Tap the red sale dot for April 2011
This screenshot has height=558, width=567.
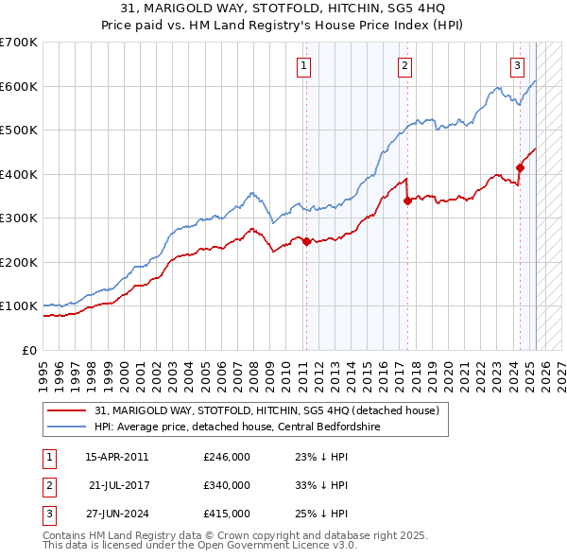click(x=306, y=241)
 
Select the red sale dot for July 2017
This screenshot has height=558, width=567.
click(x=407, y=200)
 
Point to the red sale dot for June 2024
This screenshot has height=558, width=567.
click(x=520, y=168)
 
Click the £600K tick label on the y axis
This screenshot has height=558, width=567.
click(x=19, y=86)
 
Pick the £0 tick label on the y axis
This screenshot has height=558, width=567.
click(x=30, y=350)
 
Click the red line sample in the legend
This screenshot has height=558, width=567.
click(x=67, y=411)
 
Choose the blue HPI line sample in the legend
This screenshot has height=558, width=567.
click(x=67, y=427)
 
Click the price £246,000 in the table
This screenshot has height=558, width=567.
click(x=227, y=457)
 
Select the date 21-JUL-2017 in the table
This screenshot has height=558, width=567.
click(x=118, y=485)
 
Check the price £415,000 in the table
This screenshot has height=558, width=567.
click(x=227, y=514)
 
